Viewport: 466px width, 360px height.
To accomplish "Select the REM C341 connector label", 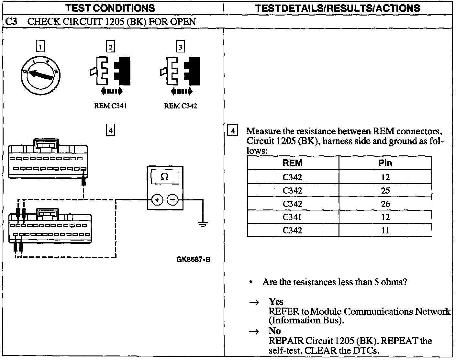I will click(x=110, y=106).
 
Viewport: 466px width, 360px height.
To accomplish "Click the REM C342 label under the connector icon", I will click(x=180, y=106).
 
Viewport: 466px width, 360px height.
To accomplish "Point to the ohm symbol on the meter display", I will click(x=164, y=177).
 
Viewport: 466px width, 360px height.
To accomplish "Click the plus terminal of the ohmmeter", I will click(x=157, y=200).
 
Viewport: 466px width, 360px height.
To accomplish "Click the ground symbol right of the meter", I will click(x=203, y=224).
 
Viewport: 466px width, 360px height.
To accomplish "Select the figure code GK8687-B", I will click(x=194, y=259).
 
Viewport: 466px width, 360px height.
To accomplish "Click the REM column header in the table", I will click(x=293, y=163).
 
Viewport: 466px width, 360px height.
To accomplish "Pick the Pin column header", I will click(x=385, y=163).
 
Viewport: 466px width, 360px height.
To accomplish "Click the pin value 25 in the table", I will click(x=385, y=191).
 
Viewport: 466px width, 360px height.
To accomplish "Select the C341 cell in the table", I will click(x=293, y=217).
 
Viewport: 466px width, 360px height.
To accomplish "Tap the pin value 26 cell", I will click(x=385, y=204).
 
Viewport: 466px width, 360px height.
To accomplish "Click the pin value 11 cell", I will click(x=385, y=231).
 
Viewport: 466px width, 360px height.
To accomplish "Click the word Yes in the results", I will click(x=276, y=302).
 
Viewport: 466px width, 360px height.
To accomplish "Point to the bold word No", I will click(x=275, y=331).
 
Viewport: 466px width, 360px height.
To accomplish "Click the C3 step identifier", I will click(x=12, y=22).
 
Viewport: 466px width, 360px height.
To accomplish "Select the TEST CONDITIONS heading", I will click(x=110, y=8).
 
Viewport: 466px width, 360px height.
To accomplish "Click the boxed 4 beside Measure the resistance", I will click(x=232, y=131).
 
